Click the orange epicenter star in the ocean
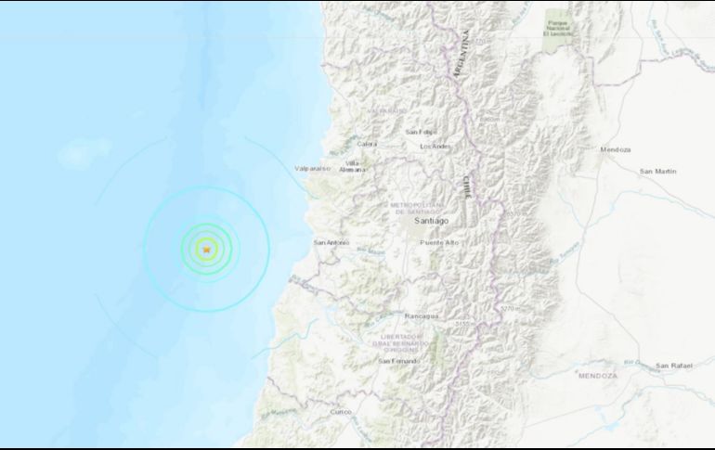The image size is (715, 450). pyautogui.click(x=206, y=249)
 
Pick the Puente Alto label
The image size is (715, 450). pyautogui.click(x=439, y=243)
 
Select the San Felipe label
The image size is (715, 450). pyautogui.click(x=422, y=133)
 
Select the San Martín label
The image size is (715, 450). pyautogui.click(x=658, y=172)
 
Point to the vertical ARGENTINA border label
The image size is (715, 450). pyautogui.click(x=460, y=56)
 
